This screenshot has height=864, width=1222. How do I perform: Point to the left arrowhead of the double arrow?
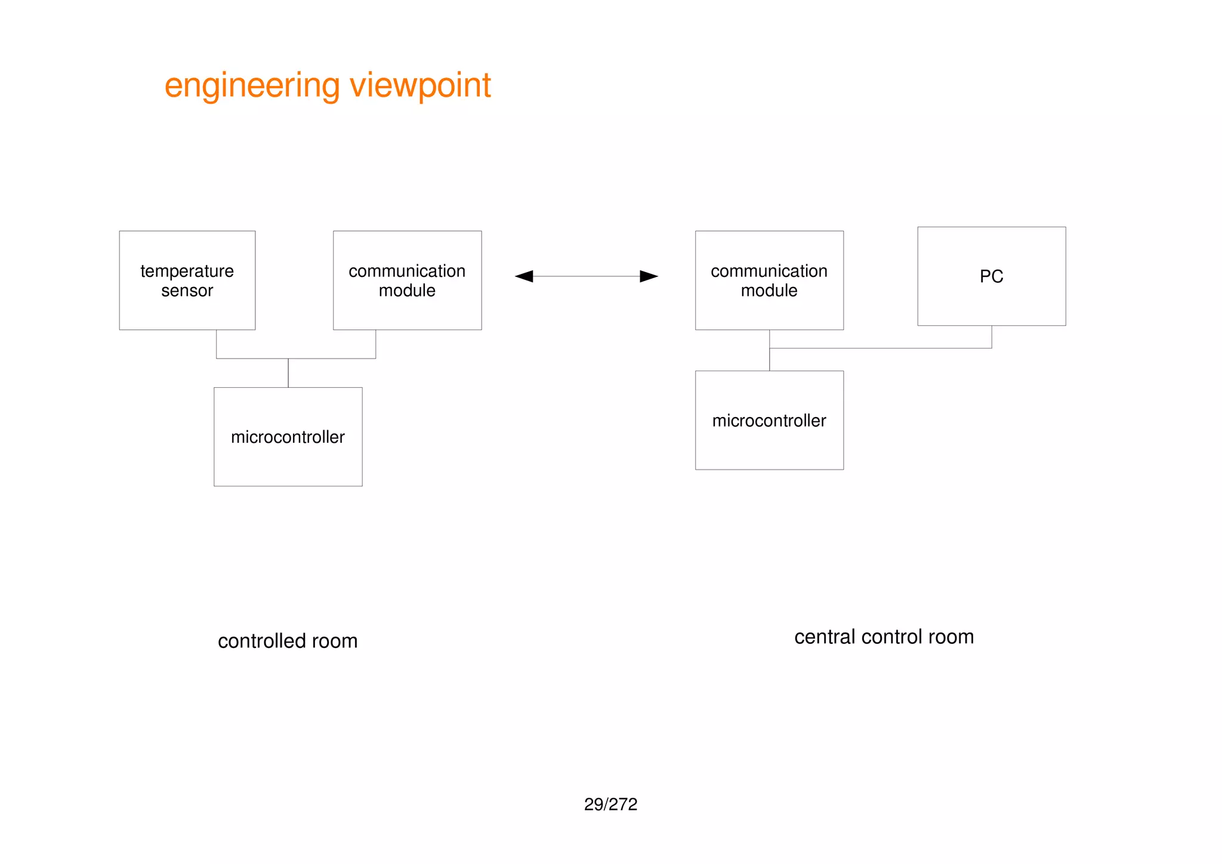pyautogui.click(x=524, y=276)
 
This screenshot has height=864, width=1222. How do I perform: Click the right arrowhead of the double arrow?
pyautogui.click(x=649, y=276)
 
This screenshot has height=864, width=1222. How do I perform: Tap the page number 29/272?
pyautogui.click(x=610, y=804)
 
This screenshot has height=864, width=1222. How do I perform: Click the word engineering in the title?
pyautogui.click(x=252, y=85)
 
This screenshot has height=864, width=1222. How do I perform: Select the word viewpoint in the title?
pyautogui.click(x=420, y=85)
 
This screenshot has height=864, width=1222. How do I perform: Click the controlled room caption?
pyautogui.click(x=288, y=641)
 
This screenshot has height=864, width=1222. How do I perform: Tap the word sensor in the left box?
pyautogui.click(x=187, y=291)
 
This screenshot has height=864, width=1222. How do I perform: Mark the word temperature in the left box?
pyautogui.click(x=187, y=271)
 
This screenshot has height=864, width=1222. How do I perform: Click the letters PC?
pyautogui.click(x=991, y=276)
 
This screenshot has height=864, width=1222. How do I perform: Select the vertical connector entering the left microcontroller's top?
pyautogui.click(x=288, y=373)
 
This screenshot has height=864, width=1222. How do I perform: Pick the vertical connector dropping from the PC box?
pyautogui.click(x=992, y=337)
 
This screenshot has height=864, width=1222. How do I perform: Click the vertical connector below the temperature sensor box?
pyautogui.click(x=216, y=344)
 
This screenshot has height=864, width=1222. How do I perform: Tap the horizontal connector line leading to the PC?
pyautogui.click(x=880, y=348)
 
